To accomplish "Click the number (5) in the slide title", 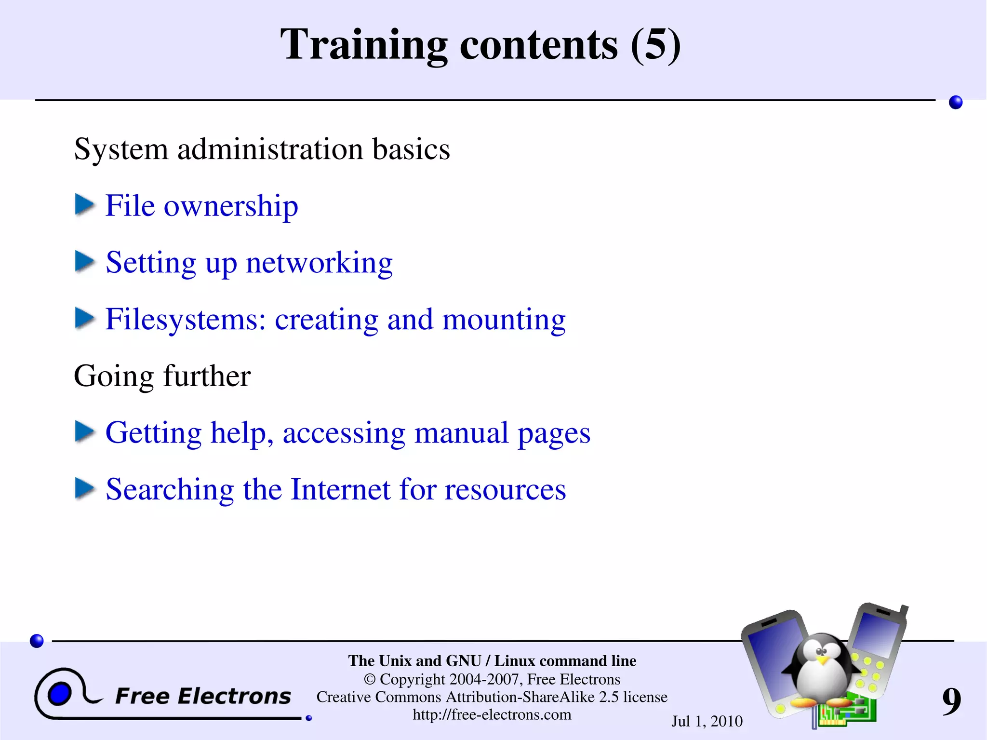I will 655,45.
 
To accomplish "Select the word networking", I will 319,263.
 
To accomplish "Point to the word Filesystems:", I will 186,319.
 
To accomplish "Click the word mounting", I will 504,320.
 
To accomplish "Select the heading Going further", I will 162,376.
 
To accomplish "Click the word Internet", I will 341,489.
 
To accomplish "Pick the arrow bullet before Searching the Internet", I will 85,488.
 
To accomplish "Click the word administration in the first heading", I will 270,149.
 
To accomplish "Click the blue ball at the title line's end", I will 955,102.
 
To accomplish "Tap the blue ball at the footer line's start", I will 37,641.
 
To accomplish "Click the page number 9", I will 951,702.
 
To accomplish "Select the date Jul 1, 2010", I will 707,721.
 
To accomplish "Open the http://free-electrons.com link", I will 492,714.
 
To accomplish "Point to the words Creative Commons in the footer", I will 379,697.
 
